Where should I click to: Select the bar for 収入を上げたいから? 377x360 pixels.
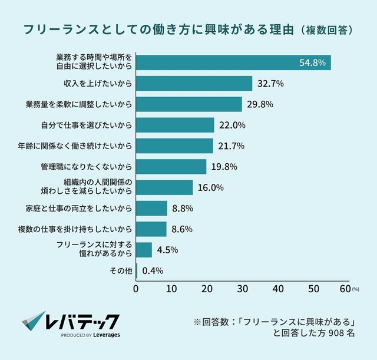click(x=194, y=84)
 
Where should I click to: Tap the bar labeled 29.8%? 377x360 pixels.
click(x=188, y=104)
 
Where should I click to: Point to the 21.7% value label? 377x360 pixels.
click(x=232, y=146)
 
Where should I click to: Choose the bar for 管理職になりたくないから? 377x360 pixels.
click(x=171, y=167)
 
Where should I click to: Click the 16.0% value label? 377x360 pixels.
click(x=211, y=187)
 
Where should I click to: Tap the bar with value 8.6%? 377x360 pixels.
click(x=151, y=229)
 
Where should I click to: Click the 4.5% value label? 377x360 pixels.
click(x=168, y=250)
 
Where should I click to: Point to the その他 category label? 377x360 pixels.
click(x=120, y=270)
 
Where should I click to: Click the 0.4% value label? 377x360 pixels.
click(x=153, y=270)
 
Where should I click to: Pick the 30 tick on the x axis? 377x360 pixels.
click(x=242, y=289)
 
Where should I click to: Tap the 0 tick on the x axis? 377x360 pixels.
click(x=136, y=289)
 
